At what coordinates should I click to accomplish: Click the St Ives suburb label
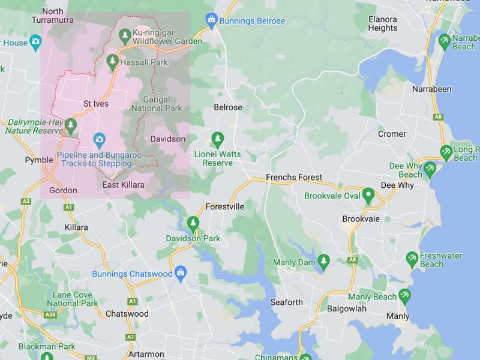click(96, 103)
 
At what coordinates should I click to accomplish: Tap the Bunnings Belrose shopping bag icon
click(211, 21)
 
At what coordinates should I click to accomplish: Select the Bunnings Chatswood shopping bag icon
click(180, 274)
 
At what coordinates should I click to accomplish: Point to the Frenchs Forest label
click(294, 178)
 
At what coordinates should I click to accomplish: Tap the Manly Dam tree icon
click(324, 262)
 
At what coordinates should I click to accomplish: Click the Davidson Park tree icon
click(193, 224)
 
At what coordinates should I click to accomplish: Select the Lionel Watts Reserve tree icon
click(217, 139)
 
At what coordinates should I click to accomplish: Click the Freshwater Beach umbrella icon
click(412, 259)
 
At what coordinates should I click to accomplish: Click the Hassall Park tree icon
click(112, 61)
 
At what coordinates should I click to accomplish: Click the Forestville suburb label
click(224, 206)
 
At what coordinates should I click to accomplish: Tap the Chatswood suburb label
click(127, 314)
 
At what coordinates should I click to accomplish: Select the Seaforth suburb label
click(286, 302)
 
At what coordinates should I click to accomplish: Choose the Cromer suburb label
click(392, 134)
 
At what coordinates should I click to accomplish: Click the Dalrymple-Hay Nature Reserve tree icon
click(71, 126)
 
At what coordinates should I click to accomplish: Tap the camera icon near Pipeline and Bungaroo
click(99, 141)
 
